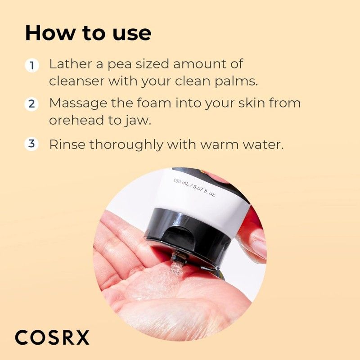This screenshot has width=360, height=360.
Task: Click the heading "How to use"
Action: pos(88,33)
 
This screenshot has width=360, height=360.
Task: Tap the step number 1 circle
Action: pos(31,66)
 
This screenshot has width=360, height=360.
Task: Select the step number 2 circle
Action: pos(31,104)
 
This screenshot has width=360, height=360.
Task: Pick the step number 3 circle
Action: pos(31,144)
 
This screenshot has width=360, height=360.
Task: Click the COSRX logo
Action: pos(52,337)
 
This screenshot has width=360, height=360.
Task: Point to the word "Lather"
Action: pos(69,64)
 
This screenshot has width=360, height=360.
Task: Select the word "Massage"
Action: pos(77,103)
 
